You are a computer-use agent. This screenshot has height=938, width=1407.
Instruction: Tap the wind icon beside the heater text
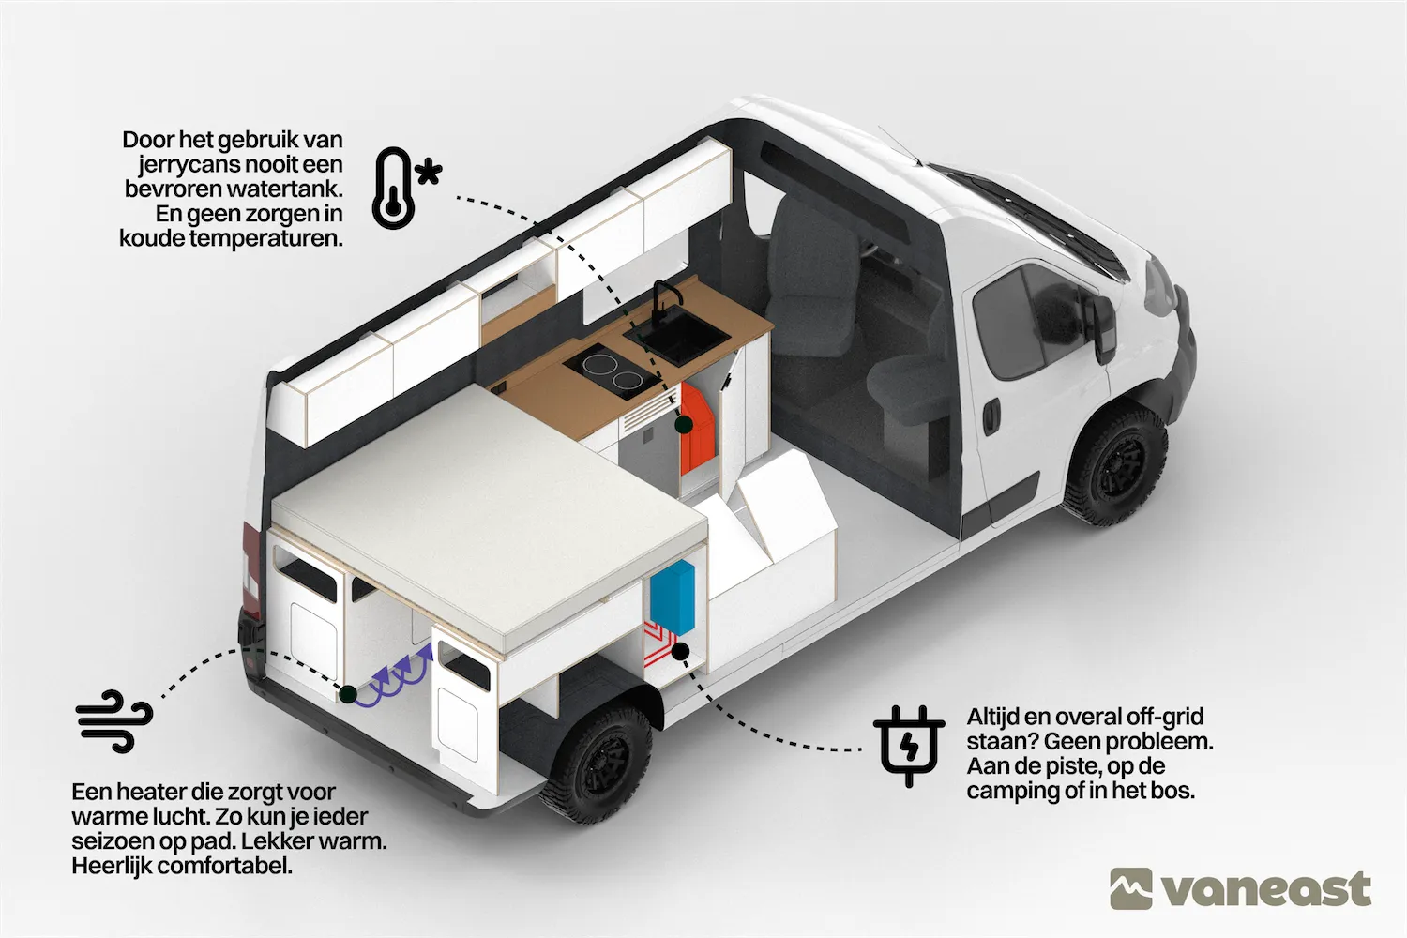[113, 720]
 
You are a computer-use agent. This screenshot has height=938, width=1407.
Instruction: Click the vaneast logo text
[1266, 889]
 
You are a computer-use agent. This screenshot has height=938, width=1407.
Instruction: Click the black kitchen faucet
[663, 300]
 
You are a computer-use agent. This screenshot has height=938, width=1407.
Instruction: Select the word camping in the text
[1013, 791]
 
